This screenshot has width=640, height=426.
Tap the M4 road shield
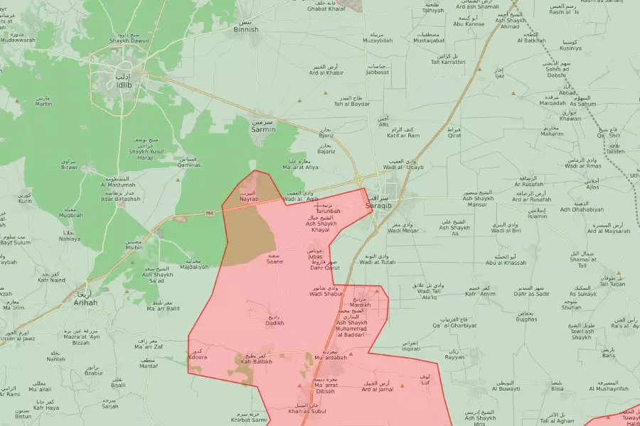[x=209, y=213]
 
